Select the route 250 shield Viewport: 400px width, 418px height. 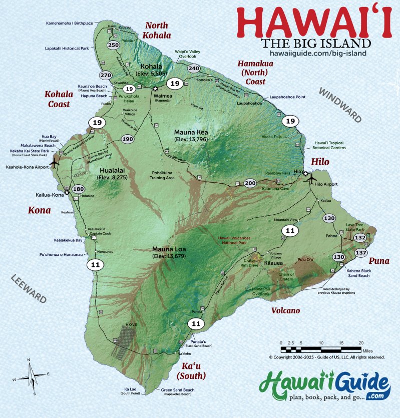(113, 45)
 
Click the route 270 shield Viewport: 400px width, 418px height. (106, 75)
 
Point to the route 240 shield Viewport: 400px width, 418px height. (194, 68)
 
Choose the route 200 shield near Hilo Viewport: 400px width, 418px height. (250, 183)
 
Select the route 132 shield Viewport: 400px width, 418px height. (360, 237)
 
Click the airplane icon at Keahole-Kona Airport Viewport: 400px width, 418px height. (55, 163)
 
